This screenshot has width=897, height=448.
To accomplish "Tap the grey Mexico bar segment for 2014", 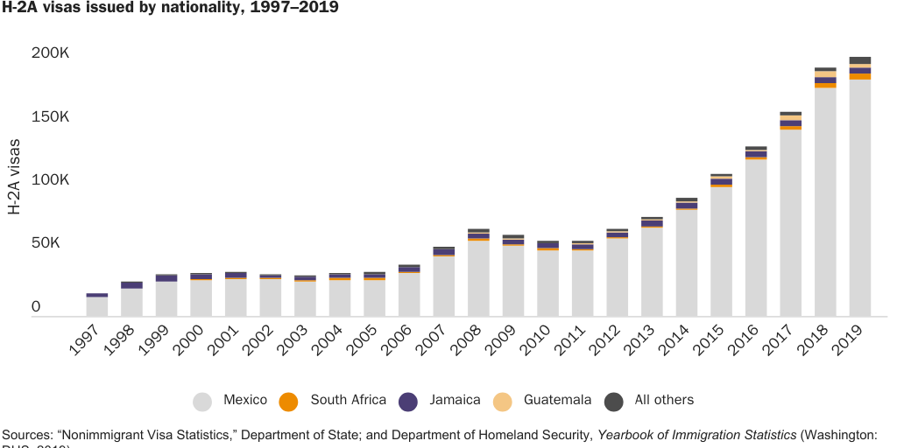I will (x=686, y=262).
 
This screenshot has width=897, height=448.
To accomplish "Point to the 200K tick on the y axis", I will (x=50, y=53).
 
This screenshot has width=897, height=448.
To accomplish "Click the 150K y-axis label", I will (x=50, y=117).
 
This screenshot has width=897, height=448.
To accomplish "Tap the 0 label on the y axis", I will (x=36, y=307).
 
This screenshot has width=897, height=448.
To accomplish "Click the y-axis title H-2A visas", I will (x=15, y=180).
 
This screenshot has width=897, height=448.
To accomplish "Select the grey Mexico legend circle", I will (x=202, y=401).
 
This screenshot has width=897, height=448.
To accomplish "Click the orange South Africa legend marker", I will (x=288, y=401).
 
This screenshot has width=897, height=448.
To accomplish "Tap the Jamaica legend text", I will (x=455, y=400).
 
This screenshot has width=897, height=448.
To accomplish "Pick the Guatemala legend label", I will (x=557, y=400).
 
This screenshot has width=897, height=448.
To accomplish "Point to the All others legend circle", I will (x=614, y=401).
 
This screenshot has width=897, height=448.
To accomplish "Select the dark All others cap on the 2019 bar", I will (x=859, y=60).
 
